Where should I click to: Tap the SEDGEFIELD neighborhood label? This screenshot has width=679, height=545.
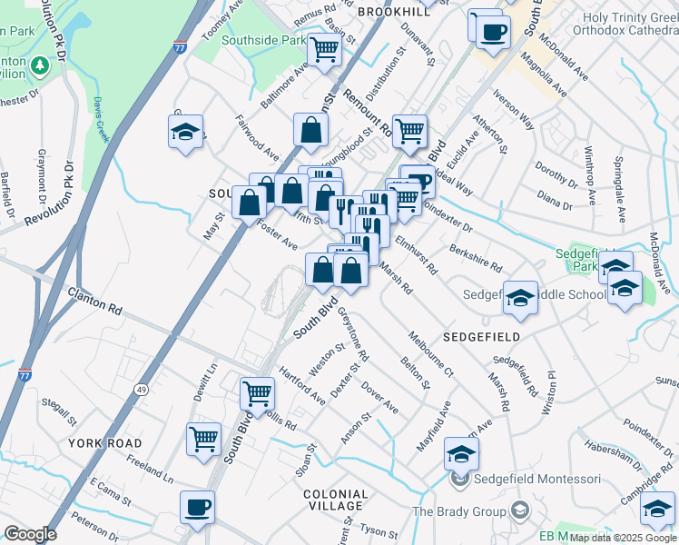[480, 336]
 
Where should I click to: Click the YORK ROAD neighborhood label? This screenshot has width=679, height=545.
[104, 442]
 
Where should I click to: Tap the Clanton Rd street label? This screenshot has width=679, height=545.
[93, 302]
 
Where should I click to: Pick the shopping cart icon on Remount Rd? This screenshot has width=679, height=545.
[410, 131]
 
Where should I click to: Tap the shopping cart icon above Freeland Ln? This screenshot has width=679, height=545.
[203, 438]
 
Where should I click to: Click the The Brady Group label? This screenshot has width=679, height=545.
[459, 510]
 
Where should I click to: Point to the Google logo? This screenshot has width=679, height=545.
[31, 534]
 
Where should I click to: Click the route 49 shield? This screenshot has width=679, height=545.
[142, 363]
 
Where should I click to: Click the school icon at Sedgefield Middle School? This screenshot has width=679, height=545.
[520, 297]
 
